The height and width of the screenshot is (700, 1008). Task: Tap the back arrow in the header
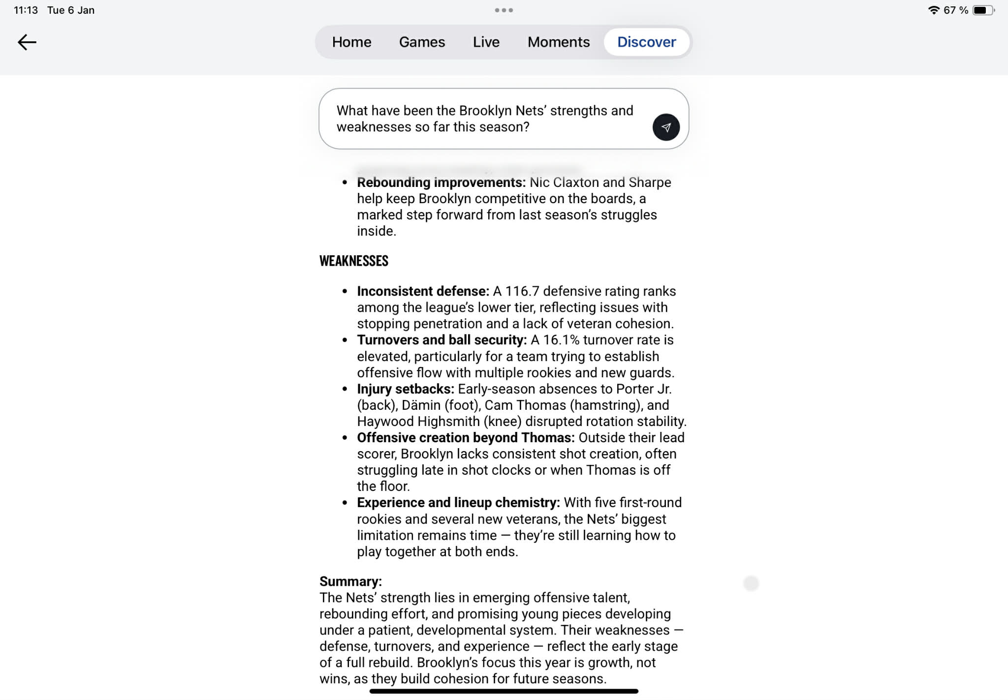pyautogui.click(x=27, y=42)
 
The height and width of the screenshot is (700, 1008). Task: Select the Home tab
pyautogui.click(x=351, y=42)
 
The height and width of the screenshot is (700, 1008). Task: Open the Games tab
pyautogui.click(x=422, y=42)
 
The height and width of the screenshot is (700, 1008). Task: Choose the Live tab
pyautogui.click(x=486, y=42)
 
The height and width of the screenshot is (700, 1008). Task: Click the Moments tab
pyautogui.click(x=558, y=42)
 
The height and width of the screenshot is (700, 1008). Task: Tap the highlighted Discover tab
pyautogui.click(x=646, y=42)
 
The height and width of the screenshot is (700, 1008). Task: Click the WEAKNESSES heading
pyautogui.click(x=353, y=261)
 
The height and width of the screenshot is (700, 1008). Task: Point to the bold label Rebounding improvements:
pyautogui.click(x=441, y=183)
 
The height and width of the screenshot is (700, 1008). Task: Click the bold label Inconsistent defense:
pyautogui.click(x=423, y=291)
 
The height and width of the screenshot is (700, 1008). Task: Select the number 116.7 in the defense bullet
pyautogui.click(x=522, y=291)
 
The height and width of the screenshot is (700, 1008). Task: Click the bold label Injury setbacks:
pyautogui.click(x=405, y=389)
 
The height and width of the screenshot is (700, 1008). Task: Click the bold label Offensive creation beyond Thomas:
pyautogui.click(x=466, y=438)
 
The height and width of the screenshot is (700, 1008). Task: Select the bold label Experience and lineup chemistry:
pyautogui.click(x=458, y=503)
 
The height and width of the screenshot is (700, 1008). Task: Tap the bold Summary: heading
pyautogui.click(x=350, y=581)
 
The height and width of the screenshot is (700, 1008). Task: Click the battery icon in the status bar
pyautogui.click(x=982, y=10)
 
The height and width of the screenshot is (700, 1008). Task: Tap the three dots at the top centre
pyautogui.click(x=504, y=10)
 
